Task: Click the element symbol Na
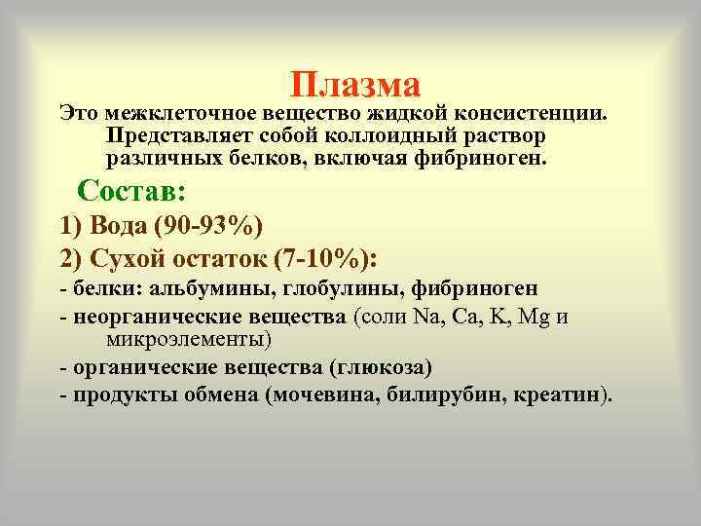[426, 317]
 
